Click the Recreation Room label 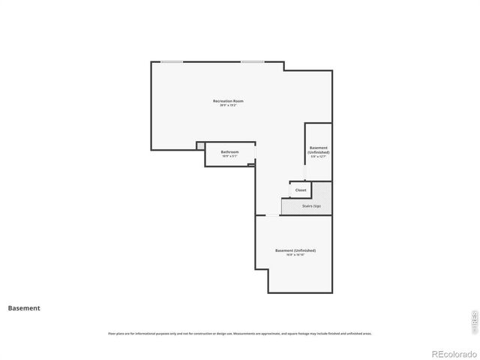pos(228,100)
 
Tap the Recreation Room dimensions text pos(228,106)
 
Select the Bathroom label pos(229,152)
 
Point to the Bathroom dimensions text pos(229,157)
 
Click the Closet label pos(300,190)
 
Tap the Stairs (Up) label pos(312,205)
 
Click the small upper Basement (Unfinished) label pos(319,150)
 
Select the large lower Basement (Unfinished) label pos(295,250)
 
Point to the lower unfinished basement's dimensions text pos(295,255)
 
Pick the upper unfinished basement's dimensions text pos(319,157)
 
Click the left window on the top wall pos(172,61)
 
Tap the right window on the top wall pos(252,61)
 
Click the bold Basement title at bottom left pos(24,307)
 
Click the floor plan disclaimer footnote pos(239,334)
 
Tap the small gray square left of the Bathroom pos(200,145)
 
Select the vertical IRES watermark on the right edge pos(473,321)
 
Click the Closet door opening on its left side pos(290,190)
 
